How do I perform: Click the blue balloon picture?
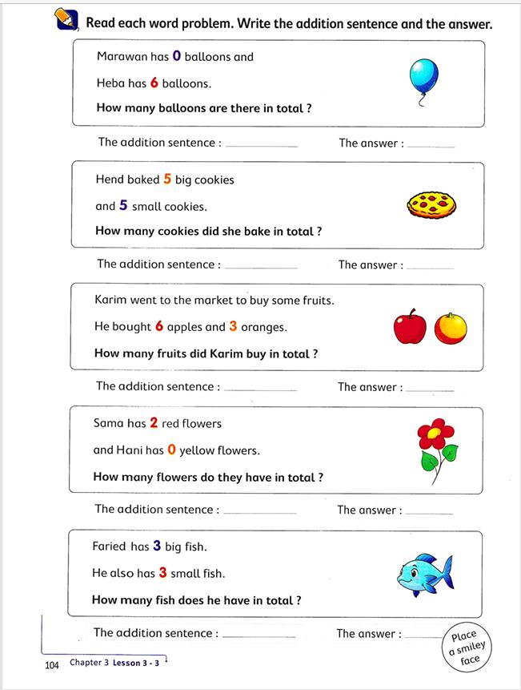pos(424,76)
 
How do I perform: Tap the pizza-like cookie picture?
pos(431,206)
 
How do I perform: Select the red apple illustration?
pos(411,328)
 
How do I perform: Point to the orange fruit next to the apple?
pos(451,328)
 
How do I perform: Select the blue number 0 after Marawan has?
pos(177,56)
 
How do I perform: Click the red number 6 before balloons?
pos(154,83)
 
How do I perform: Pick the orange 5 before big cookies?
pos(167,180)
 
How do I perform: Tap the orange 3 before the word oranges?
pos(233,326)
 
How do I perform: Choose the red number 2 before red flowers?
pos(154,423)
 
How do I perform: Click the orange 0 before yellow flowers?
pos(171,450)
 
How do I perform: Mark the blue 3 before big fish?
pos(158,547)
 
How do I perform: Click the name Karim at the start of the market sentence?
pos(110,301)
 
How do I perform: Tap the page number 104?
pos(53,665)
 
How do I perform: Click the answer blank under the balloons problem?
pos(431,146)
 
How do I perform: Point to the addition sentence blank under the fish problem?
pos(258,636)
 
